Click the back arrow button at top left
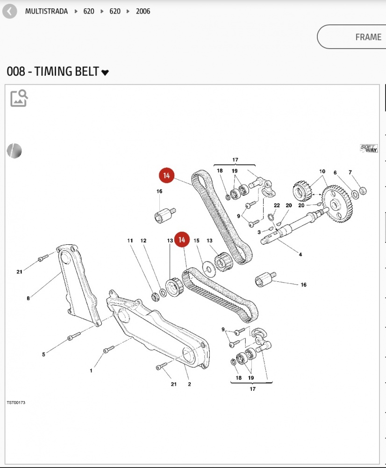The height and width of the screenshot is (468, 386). (9, 11)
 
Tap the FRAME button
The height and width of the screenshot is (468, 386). (351, 37)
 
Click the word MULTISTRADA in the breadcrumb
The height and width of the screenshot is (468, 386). (46, 11)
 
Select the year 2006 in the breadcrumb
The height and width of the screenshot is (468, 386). (143, 11)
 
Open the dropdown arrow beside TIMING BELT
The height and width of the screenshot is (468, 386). (105, 72)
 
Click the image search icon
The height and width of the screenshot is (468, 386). (19, 98)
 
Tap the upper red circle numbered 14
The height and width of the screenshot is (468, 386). (166, 176)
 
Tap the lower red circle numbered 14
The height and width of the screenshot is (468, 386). (182, 240)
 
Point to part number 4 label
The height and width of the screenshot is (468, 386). (300, 255)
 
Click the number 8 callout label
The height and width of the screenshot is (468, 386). (28, 298)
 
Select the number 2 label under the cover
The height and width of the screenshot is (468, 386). (189, 384)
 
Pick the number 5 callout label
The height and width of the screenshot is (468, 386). (43, 354)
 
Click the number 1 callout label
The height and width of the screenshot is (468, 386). (91, 371)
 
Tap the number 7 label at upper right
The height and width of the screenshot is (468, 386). (350, 173)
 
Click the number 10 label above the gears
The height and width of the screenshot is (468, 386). (322, 172)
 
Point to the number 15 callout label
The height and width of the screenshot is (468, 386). (197, 241)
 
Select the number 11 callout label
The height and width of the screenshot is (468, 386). (130, 241)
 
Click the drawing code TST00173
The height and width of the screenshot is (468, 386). (16, 402)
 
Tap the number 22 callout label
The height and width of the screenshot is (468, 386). (277, 205)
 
